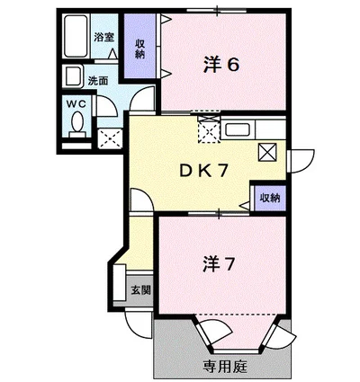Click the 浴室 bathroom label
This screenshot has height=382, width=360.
[x=104, y=38]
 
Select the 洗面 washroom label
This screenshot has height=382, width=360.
[x=98, y=79]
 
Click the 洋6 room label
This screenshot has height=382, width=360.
[x=220, y=64]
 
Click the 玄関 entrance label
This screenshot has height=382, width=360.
[x=139, y=289]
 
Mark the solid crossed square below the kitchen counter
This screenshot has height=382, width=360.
[x=268, y=152]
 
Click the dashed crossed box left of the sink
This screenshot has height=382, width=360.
[x=208, y=129]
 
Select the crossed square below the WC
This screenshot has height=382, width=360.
[x=112, y=138]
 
